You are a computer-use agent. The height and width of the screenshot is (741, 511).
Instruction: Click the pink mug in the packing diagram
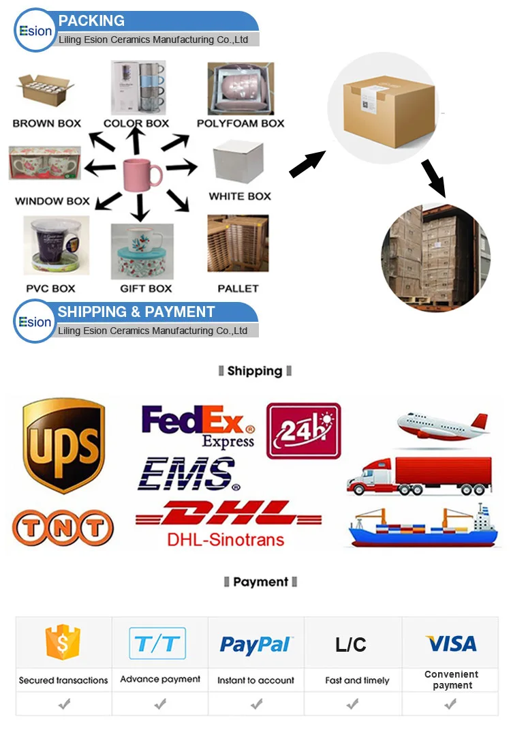[141, 173]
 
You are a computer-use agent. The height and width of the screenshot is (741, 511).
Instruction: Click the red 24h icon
[303, 430]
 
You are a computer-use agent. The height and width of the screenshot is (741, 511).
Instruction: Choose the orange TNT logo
[63, 528]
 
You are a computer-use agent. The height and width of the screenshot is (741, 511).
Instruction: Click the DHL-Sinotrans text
[226, 541]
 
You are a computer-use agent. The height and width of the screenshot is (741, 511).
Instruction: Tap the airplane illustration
[443, 426]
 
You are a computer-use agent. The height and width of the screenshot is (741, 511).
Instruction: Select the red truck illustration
[419, 475]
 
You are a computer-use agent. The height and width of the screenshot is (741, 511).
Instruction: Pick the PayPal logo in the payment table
[256, 644]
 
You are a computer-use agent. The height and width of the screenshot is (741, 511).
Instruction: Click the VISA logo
[451, 644]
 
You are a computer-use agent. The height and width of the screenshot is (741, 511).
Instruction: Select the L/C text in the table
[351, 645]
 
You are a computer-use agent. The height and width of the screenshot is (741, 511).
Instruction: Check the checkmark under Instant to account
[256, 704]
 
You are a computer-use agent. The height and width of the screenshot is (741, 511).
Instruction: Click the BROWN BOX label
[47, 123]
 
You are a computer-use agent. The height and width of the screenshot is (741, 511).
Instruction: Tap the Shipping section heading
[255, 371]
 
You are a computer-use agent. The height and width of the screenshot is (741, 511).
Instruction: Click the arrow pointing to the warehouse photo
[434, 177]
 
